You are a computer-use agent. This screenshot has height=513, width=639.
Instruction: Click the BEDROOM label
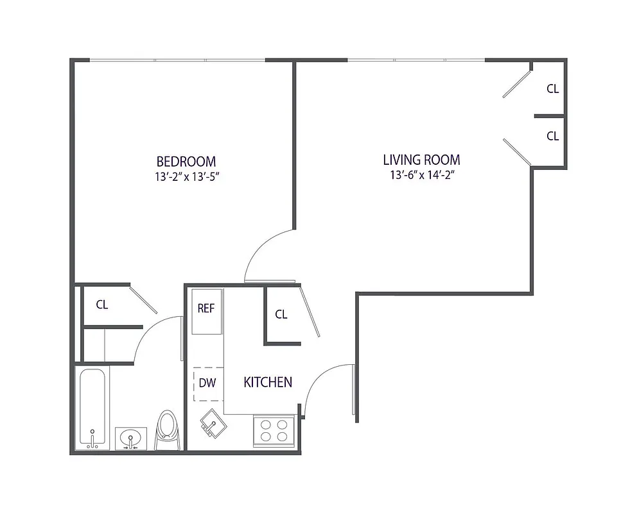(186, 161)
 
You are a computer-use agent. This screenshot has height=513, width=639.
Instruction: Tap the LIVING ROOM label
(421, 160)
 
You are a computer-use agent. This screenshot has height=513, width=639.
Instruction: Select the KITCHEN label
(268, 382)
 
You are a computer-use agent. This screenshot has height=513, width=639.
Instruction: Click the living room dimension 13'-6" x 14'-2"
(421, 175)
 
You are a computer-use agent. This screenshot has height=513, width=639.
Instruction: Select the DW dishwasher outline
(207, 383)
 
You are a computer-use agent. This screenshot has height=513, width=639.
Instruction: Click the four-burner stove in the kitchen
(274, 430)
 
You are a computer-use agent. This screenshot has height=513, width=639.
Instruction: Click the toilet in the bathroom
(166, 430)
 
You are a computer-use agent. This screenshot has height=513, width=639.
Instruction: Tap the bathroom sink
(130, 439)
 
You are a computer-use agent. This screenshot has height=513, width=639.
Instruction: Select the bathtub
(93, 408)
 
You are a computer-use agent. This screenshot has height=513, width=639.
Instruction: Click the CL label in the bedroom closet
(102, 305)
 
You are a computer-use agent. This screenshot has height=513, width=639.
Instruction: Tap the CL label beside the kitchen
(281, 314)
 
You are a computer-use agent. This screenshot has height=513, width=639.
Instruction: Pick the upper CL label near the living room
(552, 89)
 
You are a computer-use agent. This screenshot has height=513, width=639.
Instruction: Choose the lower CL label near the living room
(552, 136)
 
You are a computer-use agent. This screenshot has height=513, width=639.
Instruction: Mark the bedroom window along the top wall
(177, 61)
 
